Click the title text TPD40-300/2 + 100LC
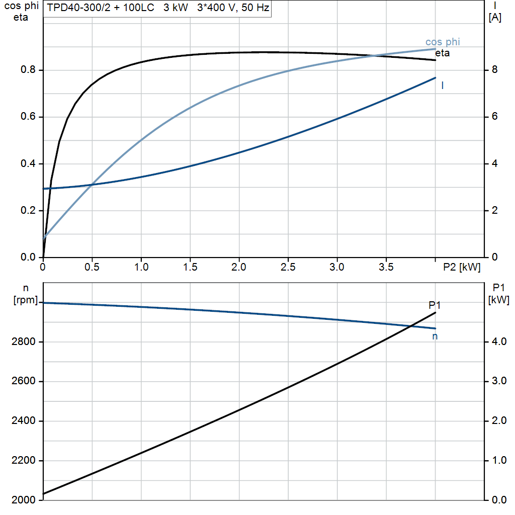[x=101, y=9]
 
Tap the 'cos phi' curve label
[x=443, y=42]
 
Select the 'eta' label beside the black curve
[x=443, y=53]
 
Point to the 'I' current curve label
[x=442, y=86]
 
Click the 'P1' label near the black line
[x=435, y=305]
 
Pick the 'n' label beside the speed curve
[x=435, y=336]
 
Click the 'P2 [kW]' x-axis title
[x=462, y=267]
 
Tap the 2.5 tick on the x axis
[x=288, y=267]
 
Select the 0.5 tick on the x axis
[x=92, y=267]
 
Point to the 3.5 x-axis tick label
[x=386, y=267]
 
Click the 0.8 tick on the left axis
[x=27, y=70]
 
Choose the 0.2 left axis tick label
[x=27, y=211]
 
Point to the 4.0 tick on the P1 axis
[x=497, y=342]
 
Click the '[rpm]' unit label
[x=25, y=300]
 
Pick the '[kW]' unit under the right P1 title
[x=498, y=300]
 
